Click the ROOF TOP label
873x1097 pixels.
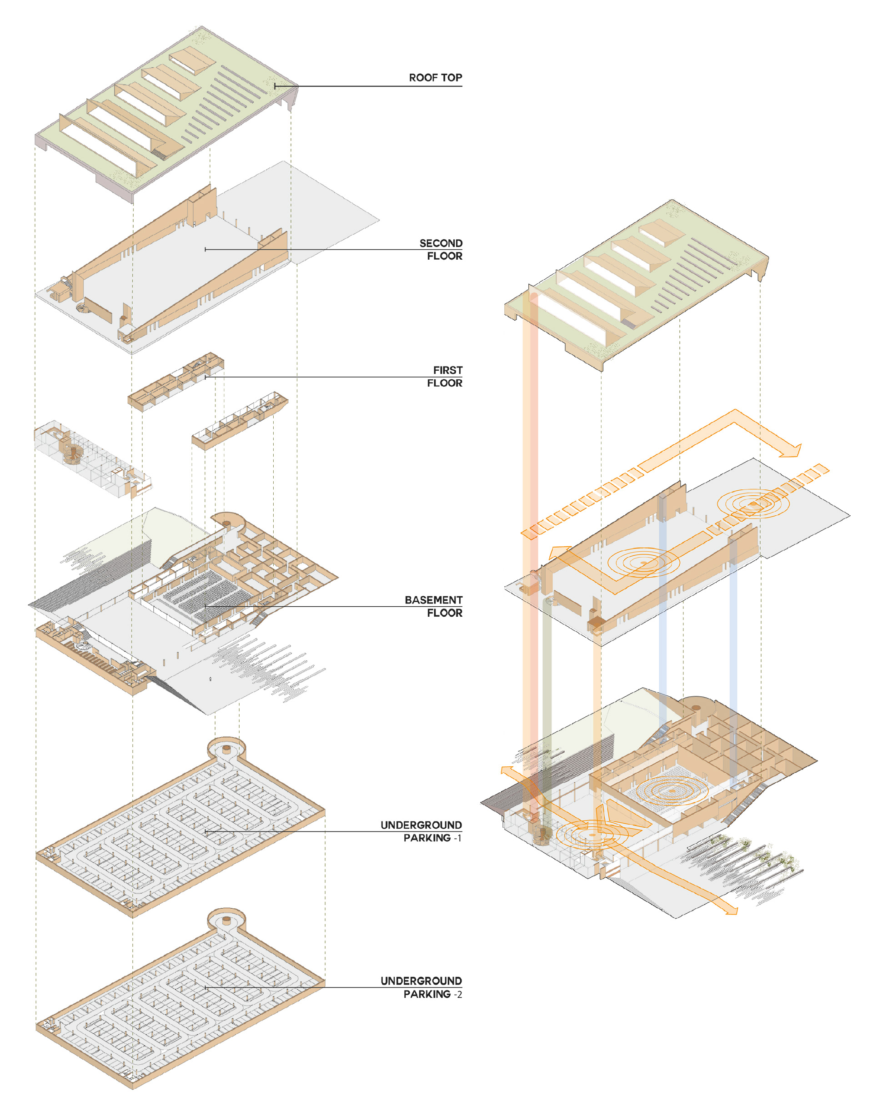point(435,77)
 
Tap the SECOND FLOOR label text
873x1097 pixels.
point(441,249)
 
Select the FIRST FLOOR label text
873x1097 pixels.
point(444,377)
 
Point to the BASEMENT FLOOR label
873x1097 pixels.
point(433,606)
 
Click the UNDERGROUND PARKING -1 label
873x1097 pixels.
point(421,831)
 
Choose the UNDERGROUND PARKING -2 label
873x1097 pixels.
point(421,987)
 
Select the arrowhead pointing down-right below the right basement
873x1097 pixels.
point(730,910)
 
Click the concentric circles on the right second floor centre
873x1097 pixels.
point(643,563)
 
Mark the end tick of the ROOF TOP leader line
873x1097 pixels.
point(275,86)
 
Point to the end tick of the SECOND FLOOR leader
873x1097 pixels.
point(206,249)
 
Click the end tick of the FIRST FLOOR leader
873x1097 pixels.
point(206,377)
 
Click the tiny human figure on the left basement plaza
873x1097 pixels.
point(211,679)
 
